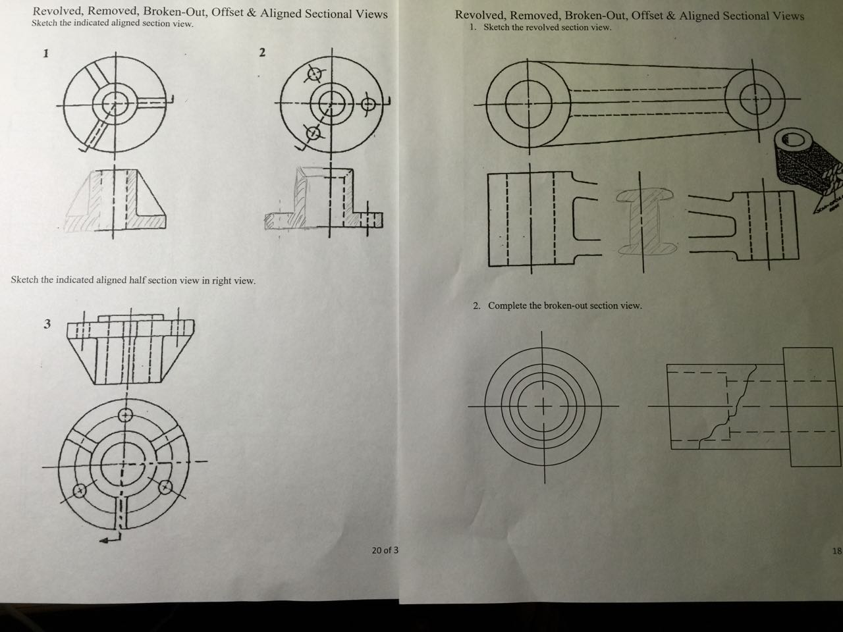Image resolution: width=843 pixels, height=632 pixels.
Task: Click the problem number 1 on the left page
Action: [x=46, y=53]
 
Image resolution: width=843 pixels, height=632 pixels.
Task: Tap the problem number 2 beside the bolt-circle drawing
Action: [x=262, y=52]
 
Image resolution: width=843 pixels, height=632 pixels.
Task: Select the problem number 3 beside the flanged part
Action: [x=47, y=324]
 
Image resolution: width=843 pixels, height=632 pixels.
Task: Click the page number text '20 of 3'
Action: [x=385, y=550]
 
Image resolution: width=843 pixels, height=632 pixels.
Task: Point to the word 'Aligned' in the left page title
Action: [x=281, y=13]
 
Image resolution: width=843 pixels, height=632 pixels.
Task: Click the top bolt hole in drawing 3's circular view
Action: [x=126, y=415]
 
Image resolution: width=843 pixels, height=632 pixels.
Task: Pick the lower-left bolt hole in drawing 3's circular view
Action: [x=80, y=490]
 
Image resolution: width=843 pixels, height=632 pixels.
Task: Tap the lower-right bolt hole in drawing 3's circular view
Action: [x=165, y=487]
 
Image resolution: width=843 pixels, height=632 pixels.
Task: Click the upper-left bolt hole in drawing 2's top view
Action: [x=315, y=74]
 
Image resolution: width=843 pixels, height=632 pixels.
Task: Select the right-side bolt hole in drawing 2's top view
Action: [x=368, y=103]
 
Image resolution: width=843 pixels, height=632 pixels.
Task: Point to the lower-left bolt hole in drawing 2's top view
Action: [x=313, y=133]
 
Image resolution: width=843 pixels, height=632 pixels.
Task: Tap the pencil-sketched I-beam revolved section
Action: [x=645, y=222]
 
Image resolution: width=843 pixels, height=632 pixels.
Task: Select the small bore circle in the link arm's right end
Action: [x=755, y=99]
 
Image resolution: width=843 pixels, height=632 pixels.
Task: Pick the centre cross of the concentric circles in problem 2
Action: [x=543, y=406]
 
